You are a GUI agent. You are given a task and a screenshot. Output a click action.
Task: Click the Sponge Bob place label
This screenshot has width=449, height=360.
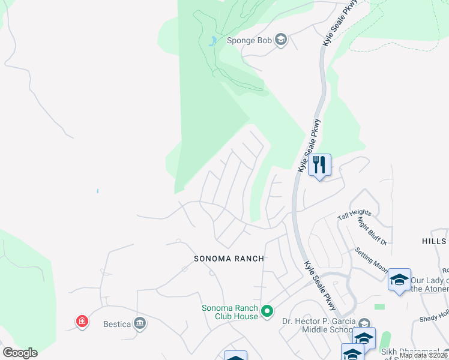(x=249, y=41)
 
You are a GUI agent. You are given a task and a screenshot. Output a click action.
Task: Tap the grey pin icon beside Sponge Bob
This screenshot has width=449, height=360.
(x=280, y=41)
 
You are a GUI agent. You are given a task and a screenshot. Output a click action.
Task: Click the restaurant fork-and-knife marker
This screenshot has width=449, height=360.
(x=319, y=164)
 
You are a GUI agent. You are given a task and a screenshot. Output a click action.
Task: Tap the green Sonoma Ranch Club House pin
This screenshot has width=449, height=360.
(x=268, y=311)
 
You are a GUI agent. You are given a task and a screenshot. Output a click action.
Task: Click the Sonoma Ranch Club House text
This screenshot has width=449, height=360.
(x=230, y=312)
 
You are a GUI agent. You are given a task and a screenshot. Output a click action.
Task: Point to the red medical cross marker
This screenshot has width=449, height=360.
(x=82, y=322)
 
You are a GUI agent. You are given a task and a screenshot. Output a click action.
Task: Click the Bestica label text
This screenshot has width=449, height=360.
(x=116, y=325)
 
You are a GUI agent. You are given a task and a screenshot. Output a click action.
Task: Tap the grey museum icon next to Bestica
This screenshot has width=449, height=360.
(x=140, y=324)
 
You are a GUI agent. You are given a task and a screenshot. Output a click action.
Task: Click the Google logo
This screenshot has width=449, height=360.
(x=20, y=353)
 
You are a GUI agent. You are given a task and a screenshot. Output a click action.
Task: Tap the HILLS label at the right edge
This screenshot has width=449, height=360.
(x=435, y=241)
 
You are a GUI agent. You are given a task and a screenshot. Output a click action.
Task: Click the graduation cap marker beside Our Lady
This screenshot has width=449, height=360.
(x=399, y=280)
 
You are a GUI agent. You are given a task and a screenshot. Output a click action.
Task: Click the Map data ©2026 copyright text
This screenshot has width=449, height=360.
(x=424, y=355)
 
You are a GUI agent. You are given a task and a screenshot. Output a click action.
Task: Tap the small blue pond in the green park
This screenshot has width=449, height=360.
(x=212, y=42)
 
